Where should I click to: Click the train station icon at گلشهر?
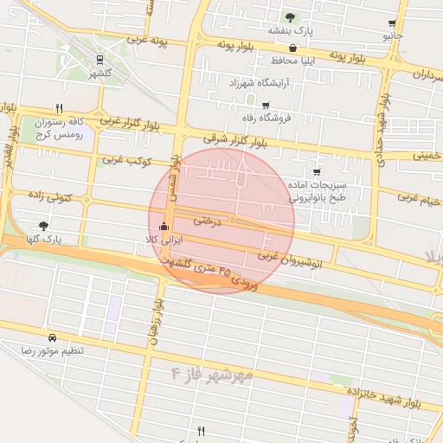(101, 60)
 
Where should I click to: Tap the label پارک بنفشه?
(290, 30)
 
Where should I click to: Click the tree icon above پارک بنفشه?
(290, 17)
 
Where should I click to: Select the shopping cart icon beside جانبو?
(393, 23)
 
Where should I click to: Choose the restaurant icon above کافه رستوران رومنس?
(60, 108)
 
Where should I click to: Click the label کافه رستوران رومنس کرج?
(58, 128)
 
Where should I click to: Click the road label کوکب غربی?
(127, 160)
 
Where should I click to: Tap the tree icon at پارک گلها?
(44, 225)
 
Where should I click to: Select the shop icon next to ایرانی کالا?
(164, 228)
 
